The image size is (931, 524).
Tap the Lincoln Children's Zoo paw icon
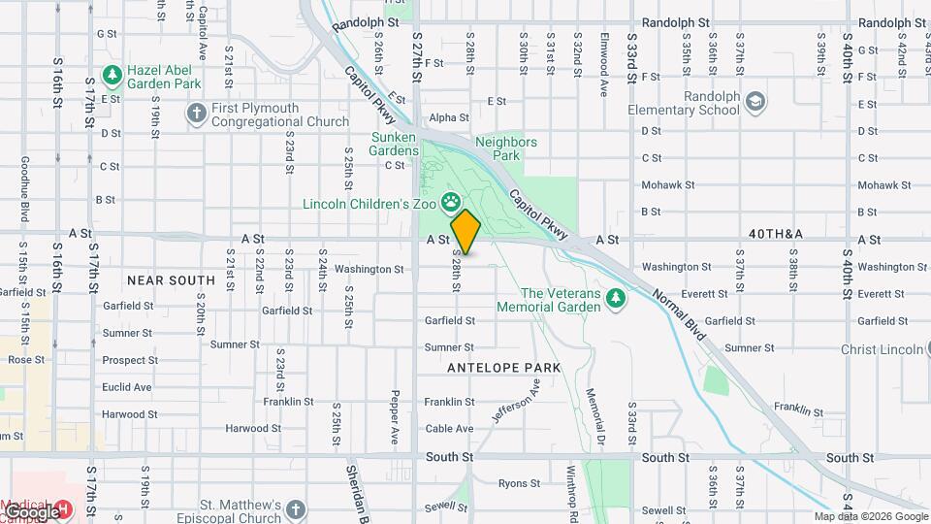[x=451, y=203]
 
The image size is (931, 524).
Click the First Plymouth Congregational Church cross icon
[x=196, y=114]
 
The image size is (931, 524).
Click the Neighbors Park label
[x=505, y=148]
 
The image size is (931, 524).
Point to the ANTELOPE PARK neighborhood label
[x=503, y=368]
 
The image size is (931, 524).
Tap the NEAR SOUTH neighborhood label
[x=171, y=280]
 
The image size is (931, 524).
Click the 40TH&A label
[x=776, y=234]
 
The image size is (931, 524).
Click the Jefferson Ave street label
[x=515, y=401]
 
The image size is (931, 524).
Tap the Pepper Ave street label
[x=396, y=408]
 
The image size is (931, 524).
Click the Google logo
[x=31, y=510]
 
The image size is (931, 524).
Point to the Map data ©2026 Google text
[x=870, y=517]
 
